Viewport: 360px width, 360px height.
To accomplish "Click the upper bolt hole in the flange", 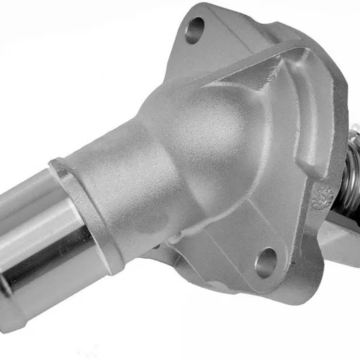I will [195, 30].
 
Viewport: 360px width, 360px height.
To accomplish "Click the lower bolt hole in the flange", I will [266, 262].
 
